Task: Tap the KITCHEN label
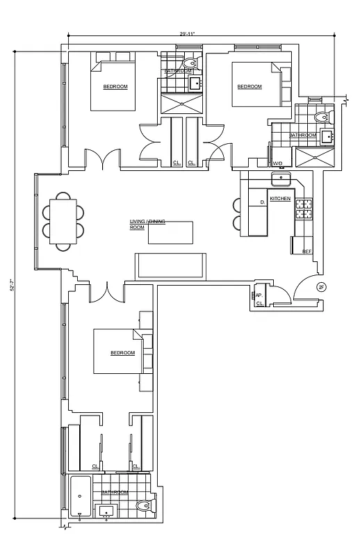point(280,199)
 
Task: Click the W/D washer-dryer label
point(277,163)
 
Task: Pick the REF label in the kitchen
point(306,252)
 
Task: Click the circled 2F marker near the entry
point(320,287)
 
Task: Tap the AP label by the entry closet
point(258,295)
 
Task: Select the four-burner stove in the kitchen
point(304,209)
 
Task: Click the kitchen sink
point(281,179)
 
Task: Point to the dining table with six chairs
point(63,221)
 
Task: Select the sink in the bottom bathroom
point(106,511)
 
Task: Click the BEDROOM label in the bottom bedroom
point(122,353)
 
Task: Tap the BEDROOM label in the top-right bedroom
point(249,87)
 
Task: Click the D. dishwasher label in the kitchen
point(262,202)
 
